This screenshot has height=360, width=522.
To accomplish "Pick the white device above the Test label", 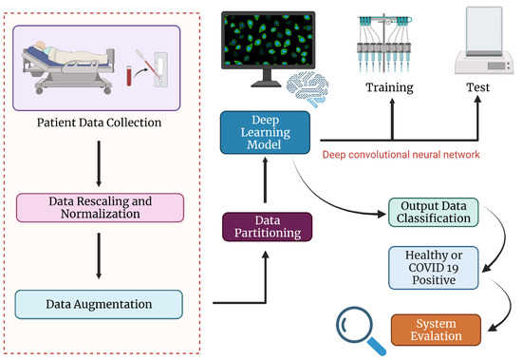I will click(x=477, y=43).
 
